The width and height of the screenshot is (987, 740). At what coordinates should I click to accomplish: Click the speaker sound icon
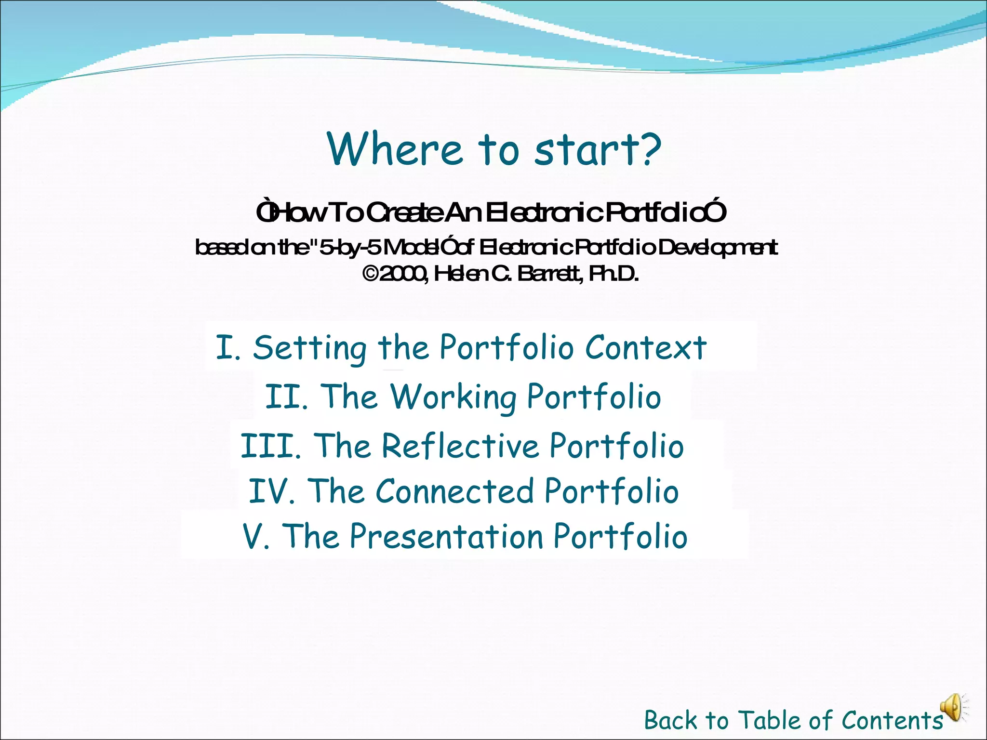[953, 708]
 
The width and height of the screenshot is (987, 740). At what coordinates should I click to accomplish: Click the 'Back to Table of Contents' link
[793, 721]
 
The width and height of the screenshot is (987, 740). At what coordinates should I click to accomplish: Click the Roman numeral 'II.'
[287, 397]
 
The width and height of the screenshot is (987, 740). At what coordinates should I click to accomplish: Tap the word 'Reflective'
[460, 446]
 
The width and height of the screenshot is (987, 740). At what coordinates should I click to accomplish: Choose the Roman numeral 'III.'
[271, 446]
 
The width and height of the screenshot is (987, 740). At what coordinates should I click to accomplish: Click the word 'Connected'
[454, 491]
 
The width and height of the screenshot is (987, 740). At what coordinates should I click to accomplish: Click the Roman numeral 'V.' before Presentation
[256, 536]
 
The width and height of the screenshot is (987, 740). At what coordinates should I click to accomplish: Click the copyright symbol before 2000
[370, 274]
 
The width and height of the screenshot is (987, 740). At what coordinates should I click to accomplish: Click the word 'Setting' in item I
[310, 347]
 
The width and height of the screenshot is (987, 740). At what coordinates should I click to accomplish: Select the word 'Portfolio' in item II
[594, 397]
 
